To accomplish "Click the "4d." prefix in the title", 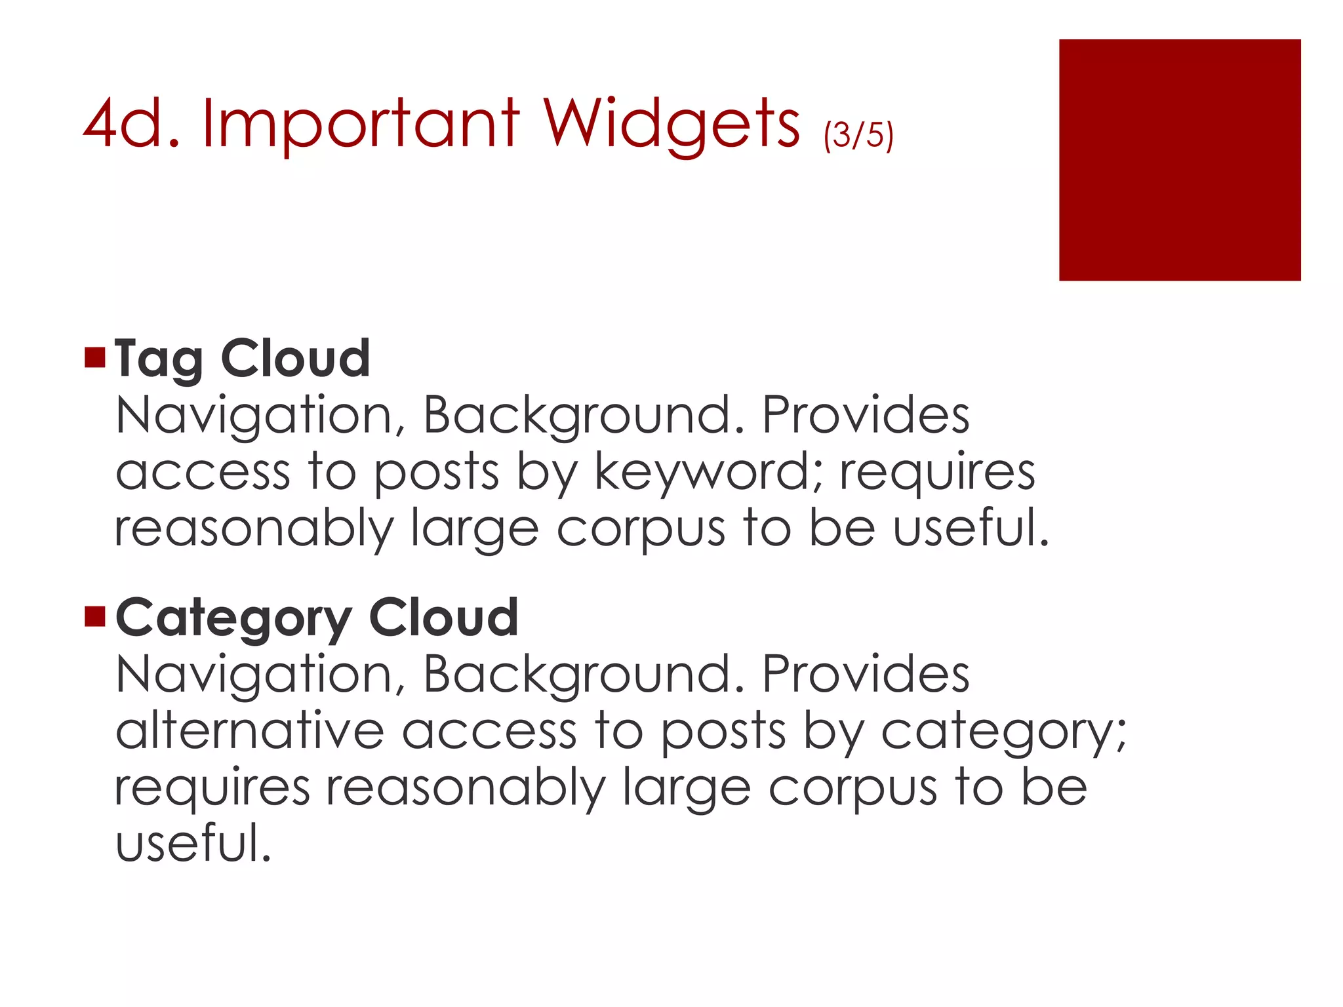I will pos(131,125).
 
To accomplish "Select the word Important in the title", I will pos(361,125).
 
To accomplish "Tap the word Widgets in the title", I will pos(671,125).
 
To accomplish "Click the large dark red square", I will pos(1179,160).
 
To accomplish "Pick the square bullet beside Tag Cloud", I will pos(95,357).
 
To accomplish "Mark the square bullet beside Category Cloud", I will pos(95,616).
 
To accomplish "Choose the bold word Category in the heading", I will pos(233,618).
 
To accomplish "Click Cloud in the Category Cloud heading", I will pos(444,617).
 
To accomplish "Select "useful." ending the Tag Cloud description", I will pos(971,528).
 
